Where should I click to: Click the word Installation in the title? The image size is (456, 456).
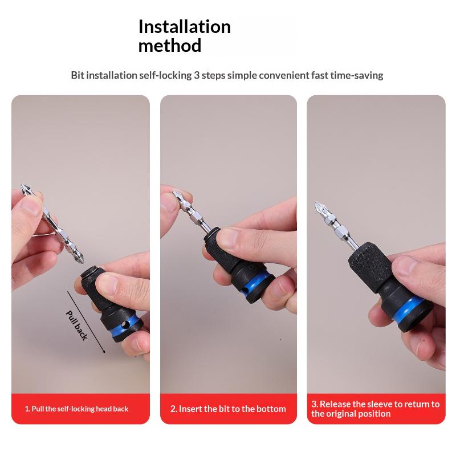click(184, 27)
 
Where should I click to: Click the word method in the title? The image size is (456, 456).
click(169, 46)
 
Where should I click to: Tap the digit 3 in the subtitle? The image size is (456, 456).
click(197, 75)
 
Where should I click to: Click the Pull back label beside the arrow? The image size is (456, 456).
click(77, 325)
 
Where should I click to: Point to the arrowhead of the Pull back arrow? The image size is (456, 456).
click(104, 351)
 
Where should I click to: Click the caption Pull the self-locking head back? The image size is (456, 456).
click(80, 409)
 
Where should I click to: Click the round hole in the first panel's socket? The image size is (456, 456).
click(125, 324)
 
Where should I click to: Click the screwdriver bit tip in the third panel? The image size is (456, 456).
click(316, 203)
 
